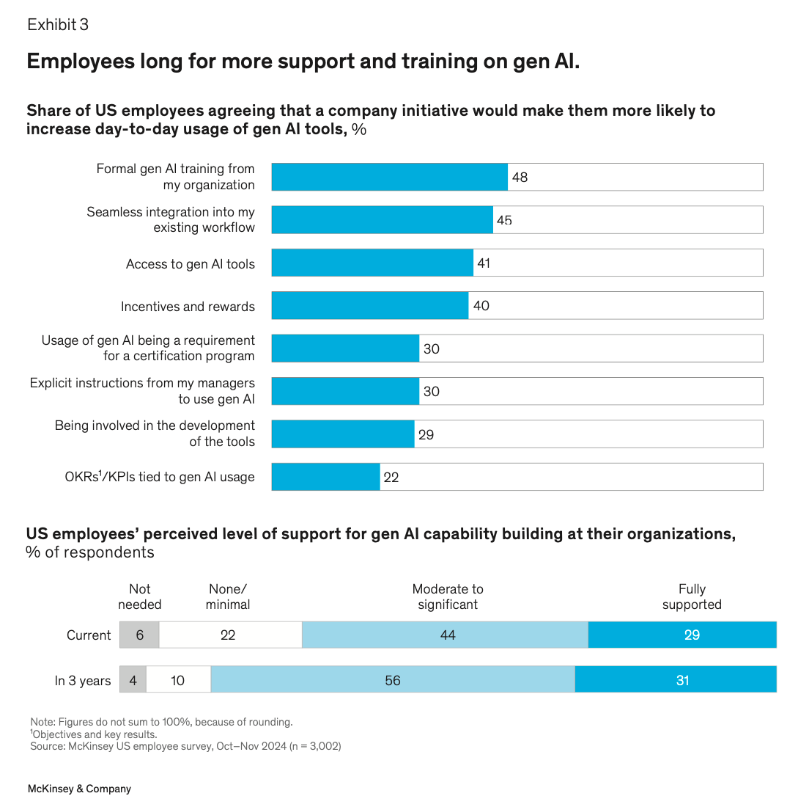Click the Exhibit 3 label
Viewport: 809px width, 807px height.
pos(58,25)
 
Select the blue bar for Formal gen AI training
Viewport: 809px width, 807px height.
pos(389,177)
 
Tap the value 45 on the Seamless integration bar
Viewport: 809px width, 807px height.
pos(504,220)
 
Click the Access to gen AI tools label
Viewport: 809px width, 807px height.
pos(190,264)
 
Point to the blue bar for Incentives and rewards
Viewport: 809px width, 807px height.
pos(369,305)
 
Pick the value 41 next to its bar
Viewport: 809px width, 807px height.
pos(484,263)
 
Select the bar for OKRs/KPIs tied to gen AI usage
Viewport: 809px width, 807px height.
pos(325,477)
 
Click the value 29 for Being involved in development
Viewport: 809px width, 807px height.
pos(426,434)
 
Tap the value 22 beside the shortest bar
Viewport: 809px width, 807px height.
pos(391,477)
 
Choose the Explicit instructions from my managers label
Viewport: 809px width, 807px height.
pos(142,391)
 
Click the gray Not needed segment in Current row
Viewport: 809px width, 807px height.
pos(139,635)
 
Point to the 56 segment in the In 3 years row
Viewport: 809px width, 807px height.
pos(393,680)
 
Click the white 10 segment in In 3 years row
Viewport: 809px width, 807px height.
pos(178,680)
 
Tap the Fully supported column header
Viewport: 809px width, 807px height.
pos(692,596)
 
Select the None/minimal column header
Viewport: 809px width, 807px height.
pos(228,596)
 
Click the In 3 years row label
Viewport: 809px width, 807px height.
pos(82,681)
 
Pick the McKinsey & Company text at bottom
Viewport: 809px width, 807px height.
pos(79,789)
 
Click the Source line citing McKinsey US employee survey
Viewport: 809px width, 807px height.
pos(185,746)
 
